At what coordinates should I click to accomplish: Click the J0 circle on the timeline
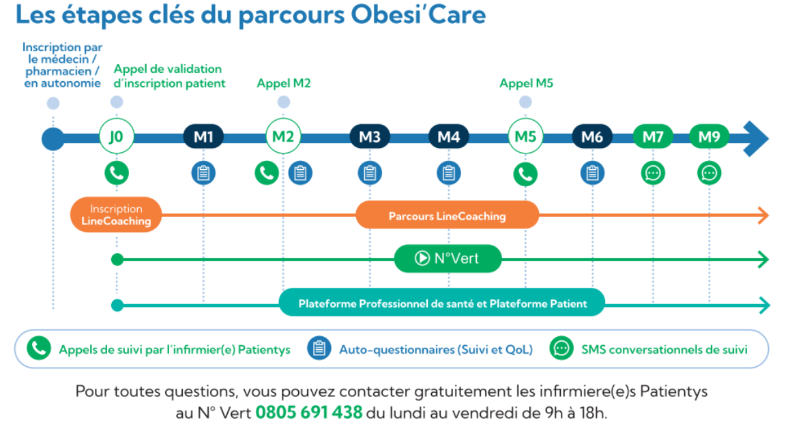pos(117,136)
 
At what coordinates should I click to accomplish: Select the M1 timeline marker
pos(203,136)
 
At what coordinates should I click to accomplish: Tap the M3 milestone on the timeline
pos(370,136)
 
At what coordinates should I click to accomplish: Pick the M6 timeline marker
pos(592,136)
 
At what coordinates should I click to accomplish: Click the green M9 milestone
pos(709,136)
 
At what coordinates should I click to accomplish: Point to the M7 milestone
pos(653,136)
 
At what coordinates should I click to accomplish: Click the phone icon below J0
pos(117,173)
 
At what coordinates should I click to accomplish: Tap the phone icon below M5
pos(525,174)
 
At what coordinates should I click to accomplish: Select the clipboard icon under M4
pos(448,173)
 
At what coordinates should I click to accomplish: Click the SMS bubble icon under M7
pos(653,173)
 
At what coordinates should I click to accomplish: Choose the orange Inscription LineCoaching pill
pos(116,214)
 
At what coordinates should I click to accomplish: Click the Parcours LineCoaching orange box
pos(448,216)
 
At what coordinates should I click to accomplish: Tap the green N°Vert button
pos(448,258)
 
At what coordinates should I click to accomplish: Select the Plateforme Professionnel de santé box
pos(442,303)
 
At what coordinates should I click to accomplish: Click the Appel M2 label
pos(284,83)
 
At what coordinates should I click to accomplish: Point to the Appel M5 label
pos(526,83)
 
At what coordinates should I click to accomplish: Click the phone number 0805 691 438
pos(309,413)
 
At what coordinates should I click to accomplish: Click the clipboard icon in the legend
pos(319,348)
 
